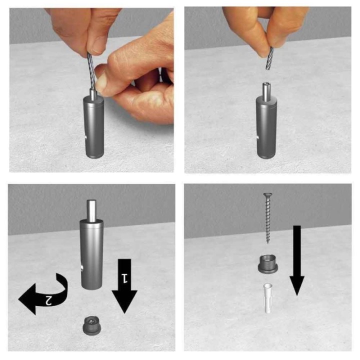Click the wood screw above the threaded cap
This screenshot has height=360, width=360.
click(267, 218)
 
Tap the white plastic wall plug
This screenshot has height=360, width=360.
click(268, 298)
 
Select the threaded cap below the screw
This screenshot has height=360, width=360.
click(267, 264)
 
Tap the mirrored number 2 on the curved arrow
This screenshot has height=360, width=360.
click(48, 300)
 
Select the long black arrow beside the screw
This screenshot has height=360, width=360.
click(297, 260)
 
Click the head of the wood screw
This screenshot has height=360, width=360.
click(267, 195)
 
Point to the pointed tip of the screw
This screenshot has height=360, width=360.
click(267, 242)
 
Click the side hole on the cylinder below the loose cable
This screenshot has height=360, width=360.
click(257, 137)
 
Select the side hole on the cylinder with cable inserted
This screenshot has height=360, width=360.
click(85, 137)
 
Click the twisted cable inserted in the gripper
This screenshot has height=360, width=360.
click(91, 71)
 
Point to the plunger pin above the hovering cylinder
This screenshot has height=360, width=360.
click(91, 211)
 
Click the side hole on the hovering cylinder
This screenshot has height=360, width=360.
click(81, 268)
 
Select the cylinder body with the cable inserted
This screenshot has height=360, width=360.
click(93, 127)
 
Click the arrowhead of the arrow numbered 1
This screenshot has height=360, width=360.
click(124, 301)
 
